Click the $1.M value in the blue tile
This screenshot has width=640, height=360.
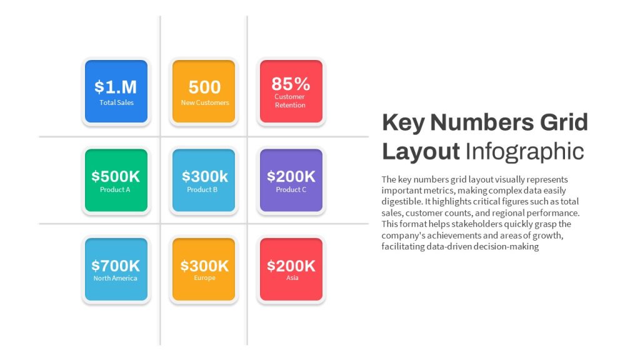click(116, 87)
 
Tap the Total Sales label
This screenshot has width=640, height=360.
click(116, 102)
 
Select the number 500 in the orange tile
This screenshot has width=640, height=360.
click(204, 87)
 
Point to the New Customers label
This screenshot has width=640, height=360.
click(205, 102)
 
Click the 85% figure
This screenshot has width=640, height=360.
click(291, 84)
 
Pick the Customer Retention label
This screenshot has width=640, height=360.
click(290, 101)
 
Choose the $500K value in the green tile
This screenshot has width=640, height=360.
click(116, 176)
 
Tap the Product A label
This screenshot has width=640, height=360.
click(115, 189)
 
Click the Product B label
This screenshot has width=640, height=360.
click(202, 189)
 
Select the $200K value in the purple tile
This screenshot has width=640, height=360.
click(291, 176)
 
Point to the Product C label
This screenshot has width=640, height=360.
click(291, 189)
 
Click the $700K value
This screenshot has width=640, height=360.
click(116, 266)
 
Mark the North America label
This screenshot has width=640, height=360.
click(115, 278)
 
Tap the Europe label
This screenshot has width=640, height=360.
click(204, 277)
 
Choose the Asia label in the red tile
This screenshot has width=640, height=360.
click(292, 277)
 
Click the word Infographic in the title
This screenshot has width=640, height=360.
click(524, 151)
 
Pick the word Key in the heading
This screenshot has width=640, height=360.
click(403, 122)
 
